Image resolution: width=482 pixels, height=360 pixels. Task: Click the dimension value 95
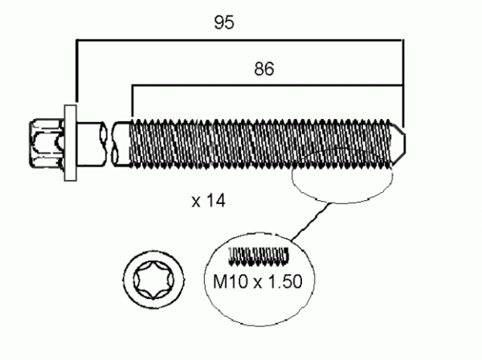[x=224, y=23]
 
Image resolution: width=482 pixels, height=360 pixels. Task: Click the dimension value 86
[x=264, y=70]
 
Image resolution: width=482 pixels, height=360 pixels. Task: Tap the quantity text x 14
[x=208, y=201]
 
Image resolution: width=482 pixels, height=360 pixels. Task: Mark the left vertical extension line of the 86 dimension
[x=132, y=100]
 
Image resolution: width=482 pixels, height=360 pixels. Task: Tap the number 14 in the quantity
[x=214, y=201]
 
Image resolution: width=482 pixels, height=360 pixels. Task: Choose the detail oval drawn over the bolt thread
[x=346, y=176]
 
